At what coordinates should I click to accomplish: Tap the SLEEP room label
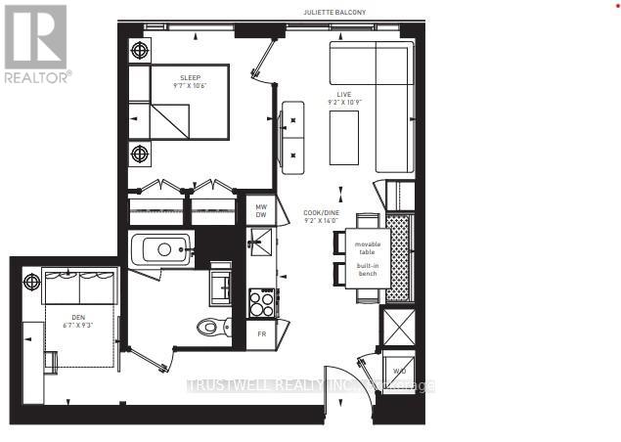tap(190, 77)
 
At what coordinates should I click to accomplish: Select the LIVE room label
tap(343, 94)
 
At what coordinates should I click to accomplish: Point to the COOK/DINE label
tap(320, 212)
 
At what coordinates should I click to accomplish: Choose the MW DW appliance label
tap(261, 211)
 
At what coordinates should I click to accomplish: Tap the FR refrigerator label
tap(261, 333)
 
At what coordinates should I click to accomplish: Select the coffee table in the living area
tap(342, 138)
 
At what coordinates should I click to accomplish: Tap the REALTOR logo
tap(36, 43)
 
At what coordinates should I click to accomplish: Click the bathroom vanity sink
tap(220, 286)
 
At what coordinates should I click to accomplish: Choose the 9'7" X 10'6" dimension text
tap(190, 87)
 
